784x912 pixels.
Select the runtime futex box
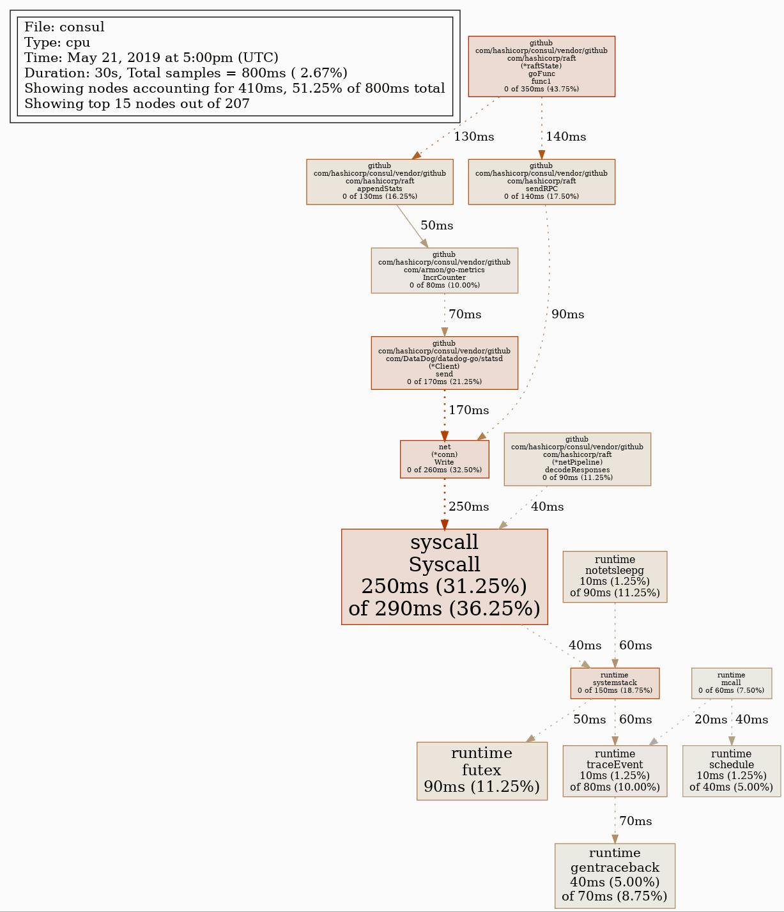[482, 771]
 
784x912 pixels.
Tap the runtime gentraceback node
[615, 875]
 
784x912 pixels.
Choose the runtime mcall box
[731, 683]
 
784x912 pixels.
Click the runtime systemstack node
[615, 683]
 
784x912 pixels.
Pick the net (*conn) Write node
[444, 459]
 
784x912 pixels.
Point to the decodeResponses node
[577, 459]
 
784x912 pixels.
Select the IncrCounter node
[444, 270]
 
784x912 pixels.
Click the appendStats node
[380, 182]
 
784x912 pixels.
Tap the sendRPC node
[541, 182]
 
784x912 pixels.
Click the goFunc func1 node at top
[541, 66]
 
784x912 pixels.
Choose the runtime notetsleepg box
[615, 576]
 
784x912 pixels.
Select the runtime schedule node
[731, 771]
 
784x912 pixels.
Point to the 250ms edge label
[468, 507]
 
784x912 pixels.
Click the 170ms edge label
[468, 410]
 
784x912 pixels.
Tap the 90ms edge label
[567, 314]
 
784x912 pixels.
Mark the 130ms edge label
[473, 137]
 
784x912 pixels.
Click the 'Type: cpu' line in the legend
[58, 43]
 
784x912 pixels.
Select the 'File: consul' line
[65, 27]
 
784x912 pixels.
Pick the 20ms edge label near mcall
[711, 720]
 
